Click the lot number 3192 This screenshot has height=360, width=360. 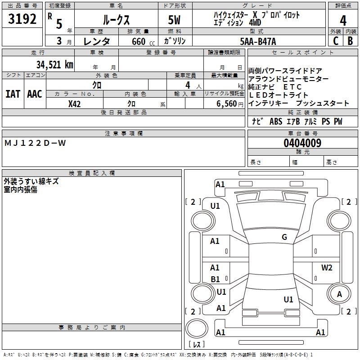(22, 20)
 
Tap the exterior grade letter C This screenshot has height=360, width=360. (335, 40)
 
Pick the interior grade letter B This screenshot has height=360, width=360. (351, 40)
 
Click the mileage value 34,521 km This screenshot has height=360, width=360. (54, 64)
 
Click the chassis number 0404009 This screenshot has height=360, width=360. (302, 144)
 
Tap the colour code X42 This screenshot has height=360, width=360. (75, 103)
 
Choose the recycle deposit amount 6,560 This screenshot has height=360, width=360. (227, 103)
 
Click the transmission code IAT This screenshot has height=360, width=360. (13, 94)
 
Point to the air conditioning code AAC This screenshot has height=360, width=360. (35, 94)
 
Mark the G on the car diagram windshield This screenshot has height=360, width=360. (284, 237)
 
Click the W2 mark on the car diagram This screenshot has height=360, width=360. (327, 268)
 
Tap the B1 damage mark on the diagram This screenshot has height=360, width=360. (215, 279)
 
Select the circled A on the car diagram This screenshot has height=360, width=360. (339, 294)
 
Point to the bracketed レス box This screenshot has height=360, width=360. (197, 345)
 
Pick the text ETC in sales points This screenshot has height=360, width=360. (293, 87)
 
